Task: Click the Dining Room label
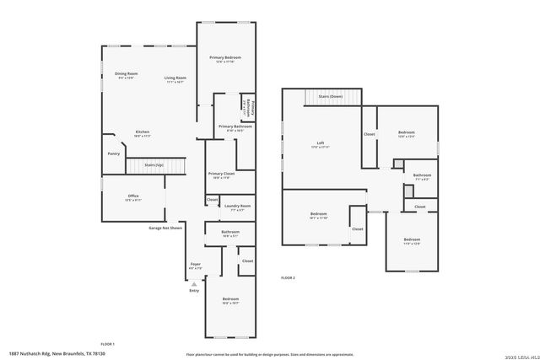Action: (x=126, y=74)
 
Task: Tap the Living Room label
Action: (x=175, y=78)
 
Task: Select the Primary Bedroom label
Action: (x=224, y=58)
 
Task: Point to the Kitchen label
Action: (x=143, y=132)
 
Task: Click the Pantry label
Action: (x=114, y=153)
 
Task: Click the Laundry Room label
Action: (x=237, y=207)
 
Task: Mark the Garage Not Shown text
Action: (x=165, y=228)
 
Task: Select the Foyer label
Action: (x=195, y=265)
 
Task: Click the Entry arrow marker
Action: (x=194, y=283)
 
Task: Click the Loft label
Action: (x=320, y=144)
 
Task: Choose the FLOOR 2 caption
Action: (x=288, y=277)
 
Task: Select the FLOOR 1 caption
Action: (x=107, y=344)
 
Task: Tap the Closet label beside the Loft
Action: (x=370, y=134)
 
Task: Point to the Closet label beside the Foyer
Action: (x=246, y=261)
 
